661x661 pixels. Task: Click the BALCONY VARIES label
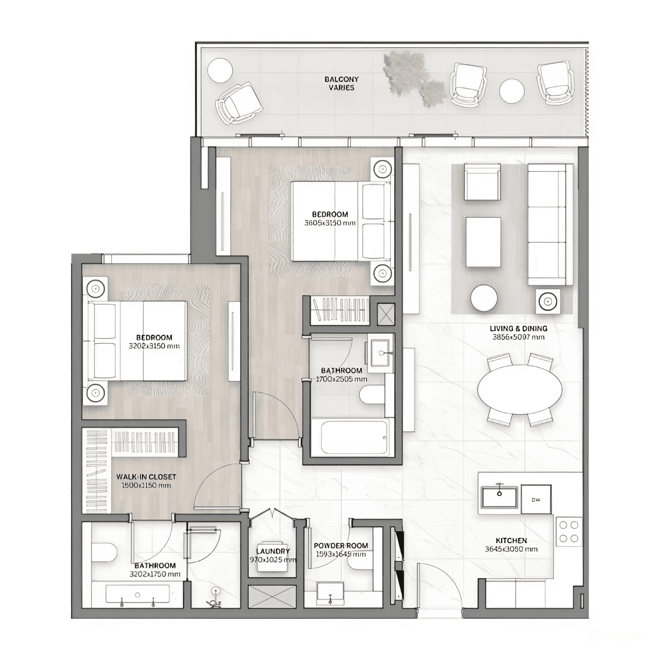[x=341, y=83]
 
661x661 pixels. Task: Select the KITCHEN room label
[x=511, y=540]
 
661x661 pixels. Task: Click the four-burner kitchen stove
[x=568, y=532]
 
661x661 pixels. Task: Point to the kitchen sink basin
[x=499, y=497]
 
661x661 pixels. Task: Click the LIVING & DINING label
[x=518, y=328]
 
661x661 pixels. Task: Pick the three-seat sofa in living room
[x=550, y=224]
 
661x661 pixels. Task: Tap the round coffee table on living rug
[x=484, y=298]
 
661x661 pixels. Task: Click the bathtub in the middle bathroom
[x=350, y=437]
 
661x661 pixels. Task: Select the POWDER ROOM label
[x=341, y=546]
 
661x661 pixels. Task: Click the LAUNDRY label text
[x=273, y=551]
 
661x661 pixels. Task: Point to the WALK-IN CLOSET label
[x=146, y=477]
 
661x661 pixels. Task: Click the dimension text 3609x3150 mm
[x=330, y=223]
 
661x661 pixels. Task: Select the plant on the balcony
[x=413, y=78]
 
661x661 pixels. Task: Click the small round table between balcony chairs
[x=511, y=91]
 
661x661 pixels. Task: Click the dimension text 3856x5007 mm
[x=518, y=337]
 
